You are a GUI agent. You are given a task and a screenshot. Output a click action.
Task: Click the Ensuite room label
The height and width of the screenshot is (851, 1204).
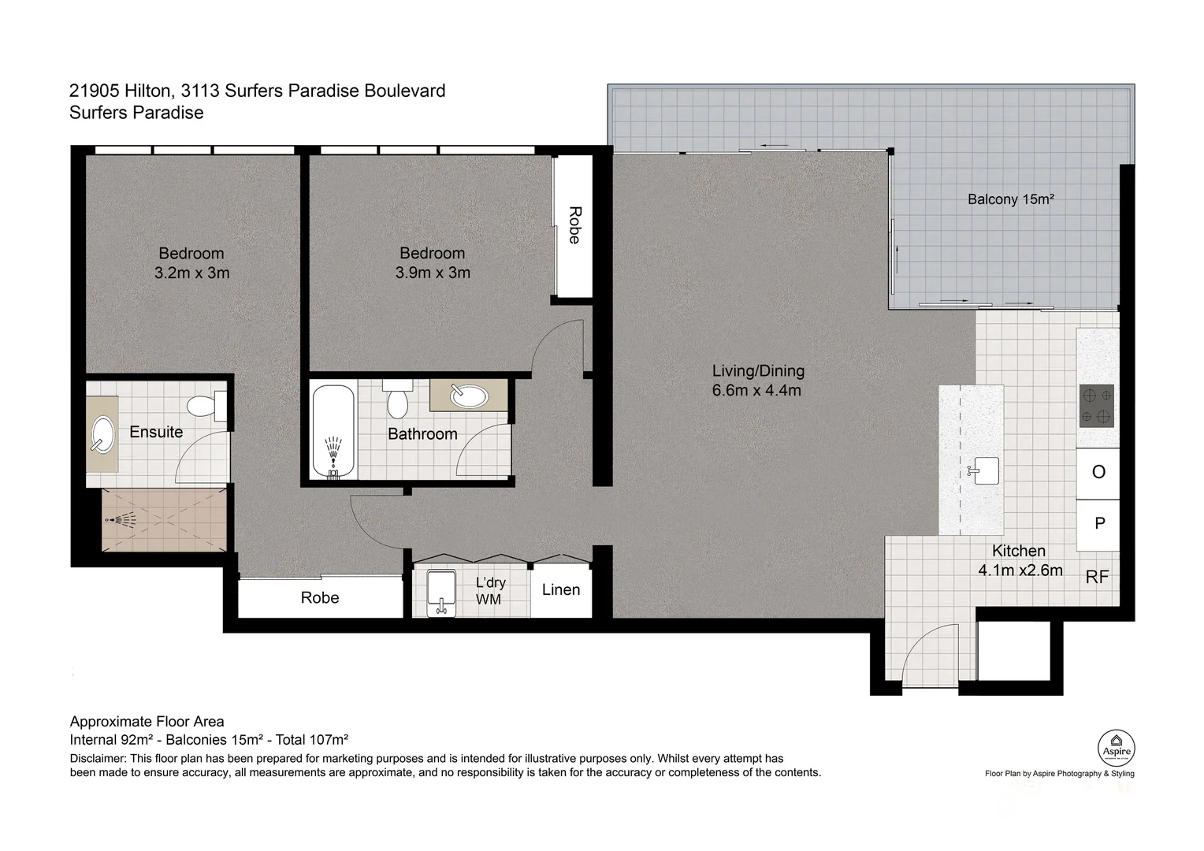(x=156, y=432)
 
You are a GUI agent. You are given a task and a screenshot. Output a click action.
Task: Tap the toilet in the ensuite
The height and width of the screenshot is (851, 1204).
(x=203, y=407)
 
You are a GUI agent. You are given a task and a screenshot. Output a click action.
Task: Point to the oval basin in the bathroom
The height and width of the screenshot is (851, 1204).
(x=470, y=396)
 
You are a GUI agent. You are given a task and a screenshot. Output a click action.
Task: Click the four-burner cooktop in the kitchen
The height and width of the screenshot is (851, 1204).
(x=1097, y=406)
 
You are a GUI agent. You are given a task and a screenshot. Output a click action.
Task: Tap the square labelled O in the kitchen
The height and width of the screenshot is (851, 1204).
(x=1098, y=472)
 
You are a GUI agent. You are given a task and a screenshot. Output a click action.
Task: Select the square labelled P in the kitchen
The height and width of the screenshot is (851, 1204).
(x=1099, y=524)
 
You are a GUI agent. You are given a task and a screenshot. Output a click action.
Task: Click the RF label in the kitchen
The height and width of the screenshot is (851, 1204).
(x=1097, y=578)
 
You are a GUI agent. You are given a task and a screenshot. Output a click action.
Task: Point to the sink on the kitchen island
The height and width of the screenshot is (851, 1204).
(x=985, y=471)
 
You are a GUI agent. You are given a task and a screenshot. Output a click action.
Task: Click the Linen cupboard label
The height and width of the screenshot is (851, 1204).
(x=561, y=589)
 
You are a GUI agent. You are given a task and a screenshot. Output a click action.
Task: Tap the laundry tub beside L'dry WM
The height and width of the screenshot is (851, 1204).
(x=441, y=593)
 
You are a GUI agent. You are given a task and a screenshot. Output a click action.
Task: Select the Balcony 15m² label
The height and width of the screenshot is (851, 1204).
(x=1011, y=199)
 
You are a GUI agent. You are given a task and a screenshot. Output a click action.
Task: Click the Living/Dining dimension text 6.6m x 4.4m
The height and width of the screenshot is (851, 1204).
(x=756, y=390)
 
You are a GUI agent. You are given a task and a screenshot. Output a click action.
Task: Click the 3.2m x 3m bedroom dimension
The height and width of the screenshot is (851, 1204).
(x=191, y=273)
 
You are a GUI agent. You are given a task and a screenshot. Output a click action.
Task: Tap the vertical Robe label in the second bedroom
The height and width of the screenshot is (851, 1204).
(x=574, y=225)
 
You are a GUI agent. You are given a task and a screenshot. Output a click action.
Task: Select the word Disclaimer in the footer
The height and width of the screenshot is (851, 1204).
(x=98, y=758)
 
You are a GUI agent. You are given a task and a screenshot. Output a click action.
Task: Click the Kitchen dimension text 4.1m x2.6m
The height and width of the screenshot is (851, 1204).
(x=1020, y=570)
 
